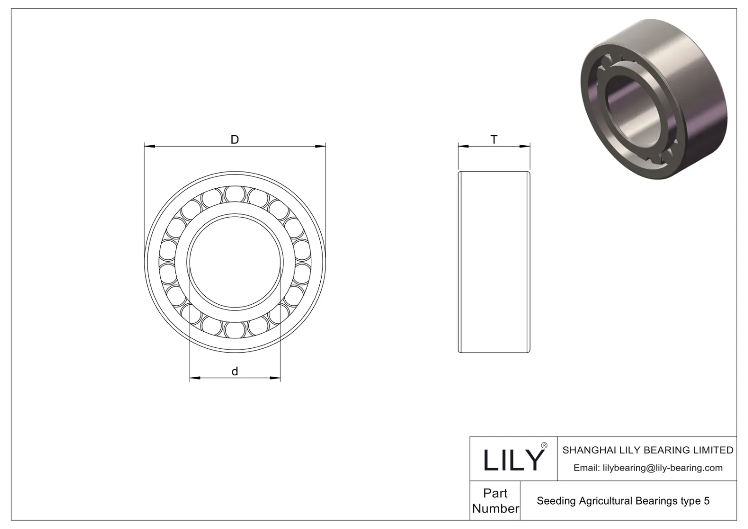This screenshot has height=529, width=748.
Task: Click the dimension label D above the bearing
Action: pyautogui.click(x=235, y=139)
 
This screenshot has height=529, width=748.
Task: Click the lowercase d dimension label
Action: pyautogui.click(x=235, y=372)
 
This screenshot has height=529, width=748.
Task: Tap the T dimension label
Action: pyautogui.click(x=494, y=139)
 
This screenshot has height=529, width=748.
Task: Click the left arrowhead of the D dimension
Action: pyautogui.click(x=149, y=147)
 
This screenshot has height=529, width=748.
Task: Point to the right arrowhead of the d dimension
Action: pyautogui.click(x=275, y=378)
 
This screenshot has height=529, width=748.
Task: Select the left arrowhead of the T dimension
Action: pyautogui.click(x=463, y=147)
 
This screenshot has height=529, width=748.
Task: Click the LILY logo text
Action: pyautogui.click(x=513, y=460)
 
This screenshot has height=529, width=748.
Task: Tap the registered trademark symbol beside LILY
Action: pyautogui.click(x=544, y=445)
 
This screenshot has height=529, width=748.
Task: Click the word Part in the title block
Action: pyautogui.click(x=495, y=493)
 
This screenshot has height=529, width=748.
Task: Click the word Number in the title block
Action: pyautogui.click(x=495, y=508)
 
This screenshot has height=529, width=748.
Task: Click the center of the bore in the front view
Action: pyautogui.click(x=235, y=262)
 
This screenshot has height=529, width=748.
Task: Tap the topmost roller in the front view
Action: pyautogui.click(x=235, y=194)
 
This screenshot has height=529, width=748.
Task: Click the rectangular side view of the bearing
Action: pyautogui.click(x=494, y=262)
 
